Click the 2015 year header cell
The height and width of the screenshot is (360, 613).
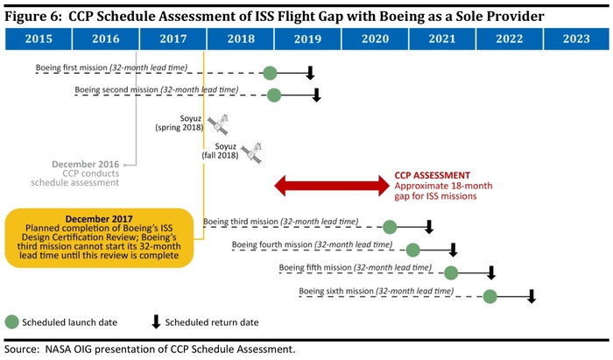coord(38,39)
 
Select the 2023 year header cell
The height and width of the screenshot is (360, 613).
coord(576,39)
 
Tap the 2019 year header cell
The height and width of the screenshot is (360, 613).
coord(307,39)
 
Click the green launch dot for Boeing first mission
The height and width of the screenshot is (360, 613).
coord(270,74)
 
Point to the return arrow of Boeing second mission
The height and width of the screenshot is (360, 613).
coord(317,95)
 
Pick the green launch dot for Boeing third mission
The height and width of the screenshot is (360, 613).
coord(390,227)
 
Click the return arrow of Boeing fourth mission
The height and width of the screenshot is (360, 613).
coord(453,250)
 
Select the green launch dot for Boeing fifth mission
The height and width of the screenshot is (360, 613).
coord(451,272)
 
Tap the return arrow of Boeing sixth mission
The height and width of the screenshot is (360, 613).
coord(531,295)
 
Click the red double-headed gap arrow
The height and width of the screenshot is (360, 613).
coord(332,185)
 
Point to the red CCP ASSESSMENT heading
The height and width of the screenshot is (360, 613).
coord(432,175)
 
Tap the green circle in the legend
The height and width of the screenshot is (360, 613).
coord(13,321)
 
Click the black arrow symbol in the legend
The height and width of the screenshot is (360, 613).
coord(156,321)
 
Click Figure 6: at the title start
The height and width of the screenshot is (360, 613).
coord(34,14)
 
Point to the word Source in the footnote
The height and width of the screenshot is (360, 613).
coord(22,349)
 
